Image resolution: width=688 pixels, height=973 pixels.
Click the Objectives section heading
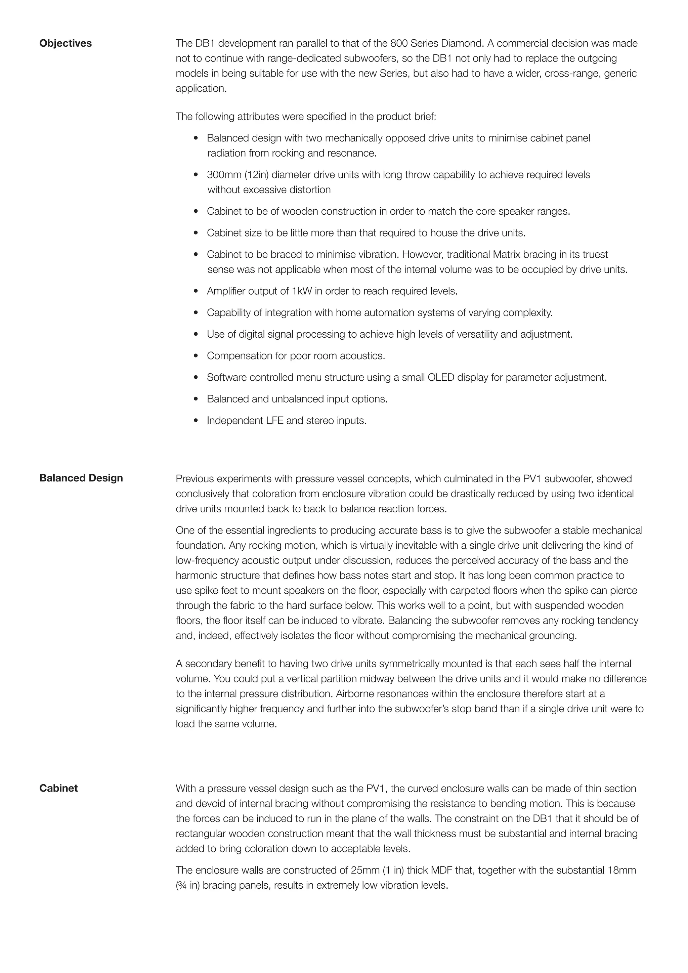65,43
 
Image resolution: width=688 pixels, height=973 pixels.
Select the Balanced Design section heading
81,478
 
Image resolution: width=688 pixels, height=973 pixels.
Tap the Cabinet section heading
58,788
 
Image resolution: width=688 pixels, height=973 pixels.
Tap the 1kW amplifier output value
302,291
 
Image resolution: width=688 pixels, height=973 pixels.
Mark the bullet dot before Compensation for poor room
196,356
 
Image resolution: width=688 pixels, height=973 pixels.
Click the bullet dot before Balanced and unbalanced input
196,399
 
